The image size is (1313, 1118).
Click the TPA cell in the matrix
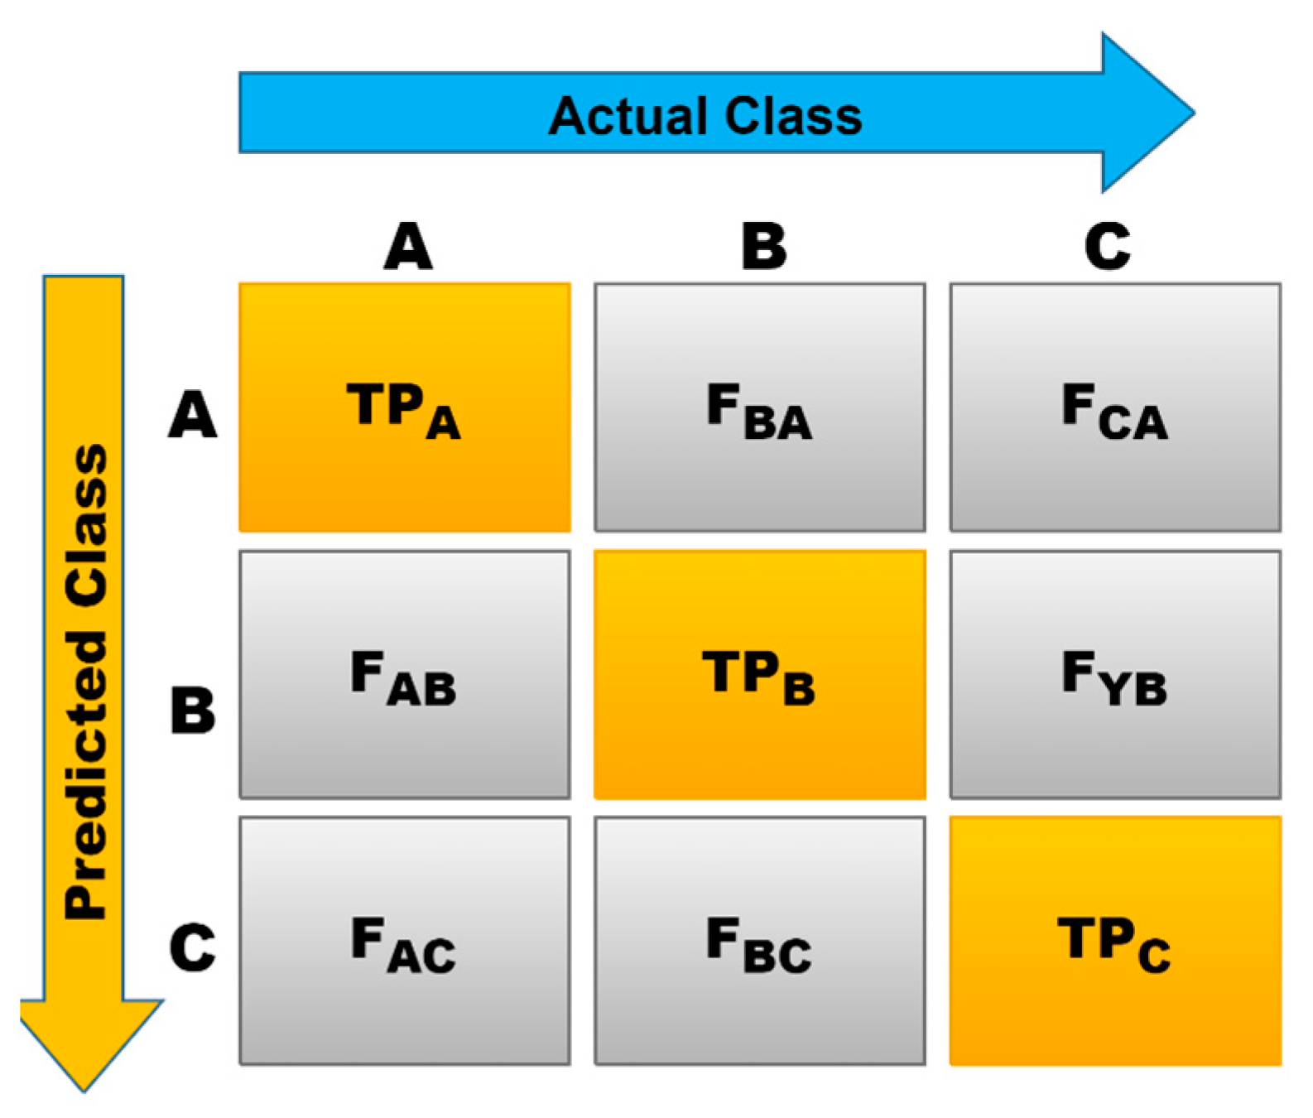coord(404,407)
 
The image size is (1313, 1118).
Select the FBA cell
coord(759,407)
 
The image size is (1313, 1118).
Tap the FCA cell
coord(1114,407)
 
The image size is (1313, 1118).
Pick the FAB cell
coord(404,674)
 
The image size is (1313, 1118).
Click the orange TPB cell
coord(759,674)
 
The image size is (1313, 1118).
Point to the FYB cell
coord(1114,674)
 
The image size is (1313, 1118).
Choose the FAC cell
coord(404,941)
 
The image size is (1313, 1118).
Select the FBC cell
coord(759,941)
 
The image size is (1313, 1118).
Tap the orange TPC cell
coord(1114,941)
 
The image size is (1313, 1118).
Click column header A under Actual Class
coord(407,247)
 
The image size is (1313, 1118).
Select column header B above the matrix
coord(763,247)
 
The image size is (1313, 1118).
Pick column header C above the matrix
coord(1107,247)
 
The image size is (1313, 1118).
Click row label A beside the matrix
coord(192,414)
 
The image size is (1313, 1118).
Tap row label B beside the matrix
coord(192,711)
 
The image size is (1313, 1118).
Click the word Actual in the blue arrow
coord(628,116)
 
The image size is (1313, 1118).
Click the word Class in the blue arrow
coord(793,116)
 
